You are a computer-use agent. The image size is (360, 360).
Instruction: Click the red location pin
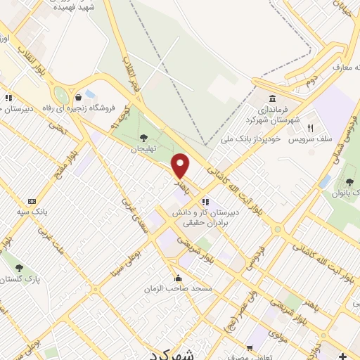[181, 165]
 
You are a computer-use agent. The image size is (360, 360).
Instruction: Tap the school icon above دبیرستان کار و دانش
[205, 200]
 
